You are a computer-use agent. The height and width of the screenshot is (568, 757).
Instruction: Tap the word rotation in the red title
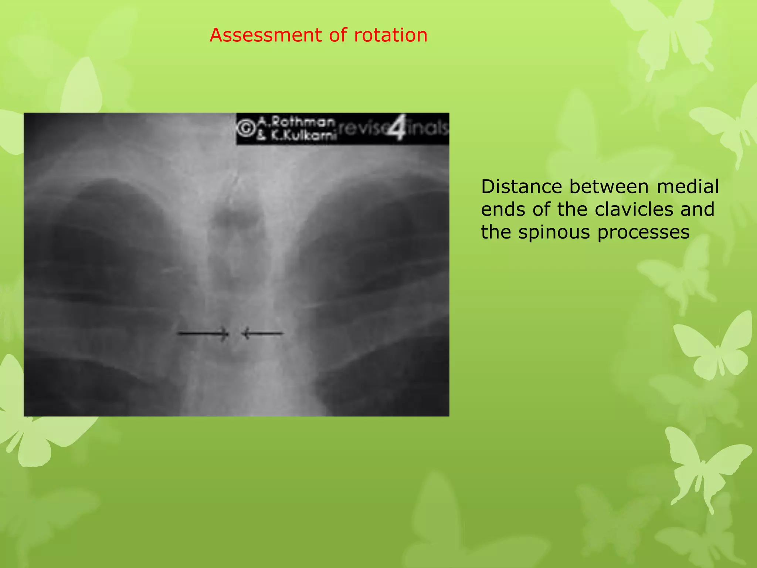391,35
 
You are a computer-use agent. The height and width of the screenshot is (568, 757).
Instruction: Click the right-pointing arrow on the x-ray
203,334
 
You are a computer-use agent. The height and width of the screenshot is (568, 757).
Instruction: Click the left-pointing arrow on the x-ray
262,334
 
